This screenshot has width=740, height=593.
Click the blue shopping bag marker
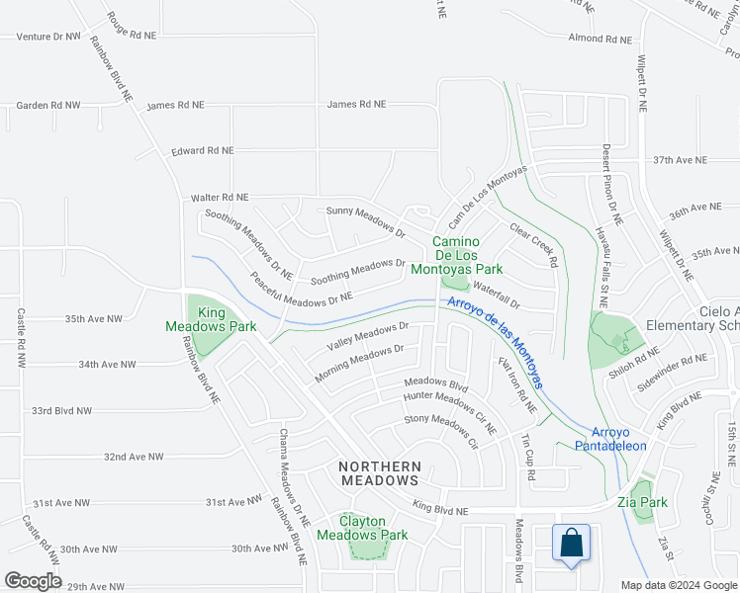572,544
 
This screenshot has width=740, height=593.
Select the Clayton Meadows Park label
362,528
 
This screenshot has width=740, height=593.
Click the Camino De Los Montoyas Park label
467,255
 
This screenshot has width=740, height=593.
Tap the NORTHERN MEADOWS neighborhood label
380,472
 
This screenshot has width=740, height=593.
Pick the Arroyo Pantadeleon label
618,439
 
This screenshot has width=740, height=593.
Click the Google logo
32,581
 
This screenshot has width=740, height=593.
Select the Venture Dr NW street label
48,36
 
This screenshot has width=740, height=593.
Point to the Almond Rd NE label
600,39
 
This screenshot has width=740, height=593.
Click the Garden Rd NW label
47,105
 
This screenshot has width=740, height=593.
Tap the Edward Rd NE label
202,151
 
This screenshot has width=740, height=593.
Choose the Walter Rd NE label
220,198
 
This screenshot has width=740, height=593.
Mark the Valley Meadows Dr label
368,335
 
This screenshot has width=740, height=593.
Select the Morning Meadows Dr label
359,363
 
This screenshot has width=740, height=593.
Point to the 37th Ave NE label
680,160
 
